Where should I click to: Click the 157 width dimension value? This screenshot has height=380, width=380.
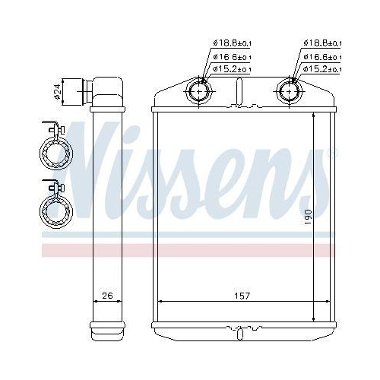(x=242, y=295)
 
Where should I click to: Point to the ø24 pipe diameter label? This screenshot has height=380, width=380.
(x=58, y=92)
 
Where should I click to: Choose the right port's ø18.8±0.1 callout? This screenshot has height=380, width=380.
(x=322, y=43)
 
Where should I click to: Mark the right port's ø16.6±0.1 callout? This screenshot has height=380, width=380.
(x=322, y=56)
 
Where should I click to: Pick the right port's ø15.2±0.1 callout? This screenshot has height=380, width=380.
(x=322, y=69)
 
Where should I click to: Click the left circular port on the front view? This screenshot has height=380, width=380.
(x=199, y=92)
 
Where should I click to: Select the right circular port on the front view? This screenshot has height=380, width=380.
(x=290, y=92)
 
